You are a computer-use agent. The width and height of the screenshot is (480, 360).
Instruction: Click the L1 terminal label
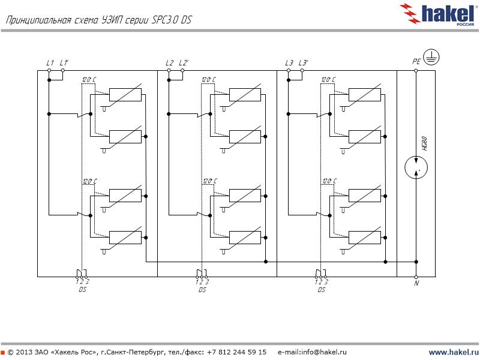pos(50,63)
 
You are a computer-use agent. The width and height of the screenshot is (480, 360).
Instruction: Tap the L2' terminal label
pos(184,63)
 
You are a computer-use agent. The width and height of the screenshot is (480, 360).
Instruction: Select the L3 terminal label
pos(289,63)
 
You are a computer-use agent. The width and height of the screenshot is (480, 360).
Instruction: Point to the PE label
pos(416,61)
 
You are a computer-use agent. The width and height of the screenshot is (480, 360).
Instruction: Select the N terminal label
pos(416,283)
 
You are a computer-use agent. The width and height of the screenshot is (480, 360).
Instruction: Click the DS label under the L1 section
pos(82,290)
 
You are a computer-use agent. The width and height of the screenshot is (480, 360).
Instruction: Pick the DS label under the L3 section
pos(322,290)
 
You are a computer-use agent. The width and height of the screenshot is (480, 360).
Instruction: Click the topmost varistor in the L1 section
pos(125,95)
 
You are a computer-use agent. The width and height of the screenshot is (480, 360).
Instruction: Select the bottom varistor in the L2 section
pos(245,237)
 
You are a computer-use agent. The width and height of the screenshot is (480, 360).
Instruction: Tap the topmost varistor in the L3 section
pos(365,95)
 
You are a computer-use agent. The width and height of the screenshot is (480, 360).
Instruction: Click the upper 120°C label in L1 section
pos(89,80)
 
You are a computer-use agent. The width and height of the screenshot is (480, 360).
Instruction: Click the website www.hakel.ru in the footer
pos(454,352)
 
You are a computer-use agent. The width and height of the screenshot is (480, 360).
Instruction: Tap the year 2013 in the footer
pos(25,352)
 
